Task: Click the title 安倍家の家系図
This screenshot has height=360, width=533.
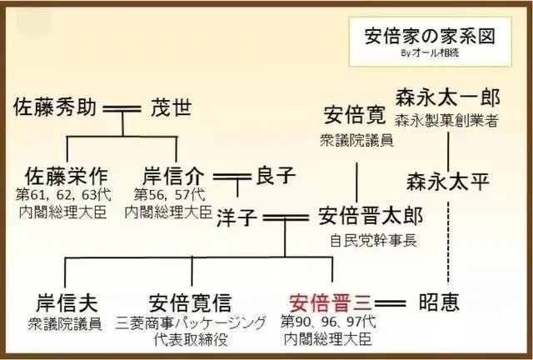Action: [430, 36]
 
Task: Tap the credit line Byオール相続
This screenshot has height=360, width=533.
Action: [430, 53]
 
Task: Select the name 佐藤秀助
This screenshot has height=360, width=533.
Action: [55, 107]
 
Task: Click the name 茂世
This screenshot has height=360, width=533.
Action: [171, 108]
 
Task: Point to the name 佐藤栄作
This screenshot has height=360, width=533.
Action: [66, 177]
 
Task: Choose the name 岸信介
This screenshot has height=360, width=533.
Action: [173, 177]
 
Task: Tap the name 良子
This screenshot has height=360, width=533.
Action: [276, 175]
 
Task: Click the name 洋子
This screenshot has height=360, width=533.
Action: [237, 217]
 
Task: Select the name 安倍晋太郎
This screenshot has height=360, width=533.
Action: [371, 217]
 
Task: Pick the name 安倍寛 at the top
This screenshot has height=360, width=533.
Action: [355, 115]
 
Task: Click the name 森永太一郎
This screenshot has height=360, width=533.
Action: [447, 97]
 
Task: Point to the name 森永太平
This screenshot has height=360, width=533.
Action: [448, 182]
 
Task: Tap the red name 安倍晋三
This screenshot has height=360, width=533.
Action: [331, 302]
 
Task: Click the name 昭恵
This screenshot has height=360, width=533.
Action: [439, 302]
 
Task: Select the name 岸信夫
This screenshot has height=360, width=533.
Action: [67, 302]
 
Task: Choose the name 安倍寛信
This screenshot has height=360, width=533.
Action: [191, 302]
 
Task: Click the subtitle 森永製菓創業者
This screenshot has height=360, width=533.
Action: [446, 121]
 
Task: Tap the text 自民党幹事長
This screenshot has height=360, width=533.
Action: [374, 241]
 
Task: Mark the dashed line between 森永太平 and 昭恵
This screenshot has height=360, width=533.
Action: [448, 243]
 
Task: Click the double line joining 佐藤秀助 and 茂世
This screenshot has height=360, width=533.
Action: [122, 109]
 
